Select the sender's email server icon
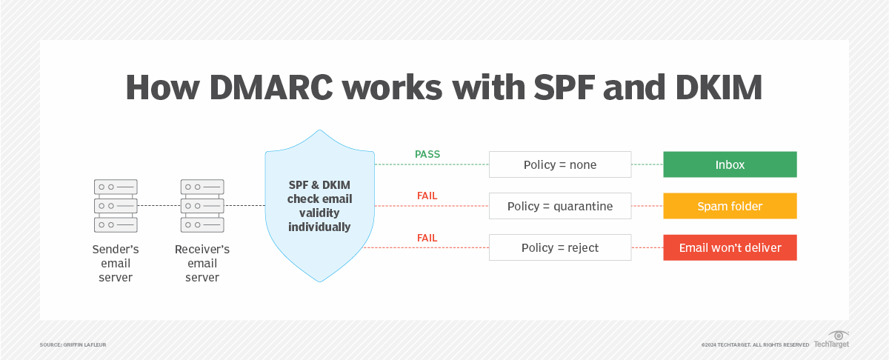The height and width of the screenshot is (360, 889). click(x=116, y=205)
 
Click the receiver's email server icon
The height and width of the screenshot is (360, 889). click(x=202, y=205)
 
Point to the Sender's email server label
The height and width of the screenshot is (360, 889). click(x=116, y=263)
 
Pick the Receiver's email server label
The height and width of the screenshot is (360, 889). click(x=202, y=263)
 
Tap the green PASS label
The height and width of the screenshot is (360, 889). click(x=427, y=155)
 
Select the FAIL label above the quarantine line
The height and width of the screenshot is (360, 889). click(x=427, y=196)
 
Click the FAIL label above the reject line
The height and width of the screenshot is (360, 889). click(x=427, y=238)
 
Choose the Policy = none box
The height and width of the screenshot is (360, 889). click(x=560, y=164)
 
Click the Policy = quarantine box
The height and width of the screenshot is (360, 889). click(x=560, y=206)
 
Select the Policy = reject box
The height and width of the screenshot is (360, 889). click(x=560, y=247)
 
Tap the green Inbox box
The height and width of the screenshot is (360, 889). click(x=730, y=164)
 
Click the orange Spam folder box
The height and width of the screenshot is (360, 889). click(x=730, y=206)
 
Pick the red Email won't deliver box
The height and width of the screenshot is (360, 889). click(x=730, y=247)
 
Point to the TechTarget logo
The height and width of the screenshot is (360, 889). click(x=831, y=341)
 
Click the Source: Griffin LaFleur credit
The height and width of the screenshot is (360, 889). click(x=73, y=345)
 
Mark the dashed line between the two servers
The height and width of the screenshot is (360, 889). click(x=159, y=205)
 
